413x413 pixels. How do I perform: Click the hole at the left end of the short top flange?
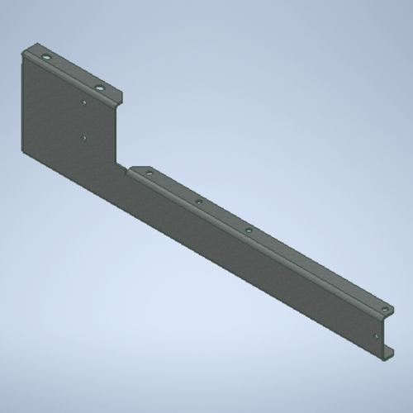[46, 59]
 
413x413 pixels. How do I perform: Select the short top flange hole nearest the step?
[100, 87]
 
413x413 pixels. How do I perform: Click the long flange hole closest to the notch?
[149, 173]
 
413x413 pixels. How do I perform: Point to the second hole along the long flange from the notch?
[199, 202]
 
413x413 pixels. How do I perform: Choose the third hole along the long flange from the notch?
[248, 229]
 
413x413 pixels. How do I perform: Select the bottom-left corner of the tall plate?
[22, 152]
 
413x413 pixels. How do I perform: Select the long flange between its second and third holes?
[223, 216]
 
